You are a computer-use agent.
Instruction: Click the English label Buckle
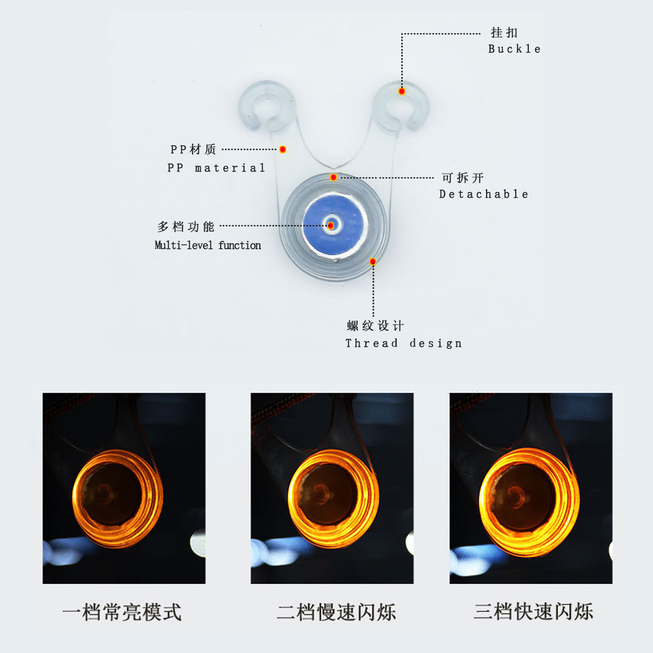coord(514,49)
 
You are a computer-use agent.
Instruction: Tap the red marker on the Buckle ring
coord(402,91)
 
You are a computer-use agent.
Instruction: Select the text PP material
coord(216,168)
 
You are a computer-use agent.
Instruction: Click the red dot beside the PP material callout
coord(282,149)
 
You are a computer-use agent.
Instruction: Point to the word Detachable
coord(484,194)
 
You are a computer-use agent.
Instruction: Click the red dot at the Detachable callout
coord(333,177)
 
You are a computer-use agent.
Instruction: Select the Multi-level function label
coord(208,245)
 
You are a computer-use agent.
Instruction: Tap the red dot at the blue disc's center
coord(331,225)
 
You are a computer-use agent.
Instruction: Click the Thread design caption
coord(404,343)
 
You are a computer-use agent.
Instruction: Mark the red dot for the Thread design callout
coord(373,262)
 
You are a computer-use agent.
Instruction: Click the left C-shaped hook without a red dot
coord(266,107)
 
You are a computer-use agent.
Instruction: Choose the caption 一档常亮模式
coord(122,612)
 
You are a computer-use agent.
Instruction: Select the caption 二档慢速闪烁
coord(336,612)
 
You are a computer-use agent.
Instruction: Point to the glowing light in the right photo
coord(528,501)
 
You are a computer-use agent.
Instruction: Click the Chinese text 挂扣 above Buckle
coord(504,33)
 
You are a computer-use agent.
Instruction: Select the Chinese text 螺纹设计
coord(375,326)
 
